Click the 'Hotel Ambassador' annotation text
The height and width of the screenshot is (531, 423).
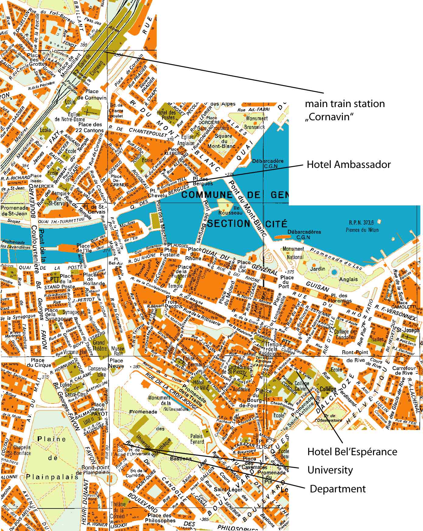coord(348,165)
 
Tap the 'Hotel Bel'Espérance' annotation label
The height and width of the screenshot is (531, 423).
coord(352,451)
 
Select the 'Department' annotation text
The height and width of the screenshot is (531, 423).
coord(337,489)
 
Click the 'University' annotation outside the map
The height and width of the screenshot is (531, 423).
coord(330,470)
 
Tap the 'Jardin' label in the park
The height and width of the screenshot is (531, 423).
coord(317,268)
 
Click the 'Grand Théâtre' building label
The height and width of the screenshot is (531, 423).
coord(99,345)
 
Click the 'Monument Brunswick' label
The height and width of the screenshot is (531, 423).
coord(257,123)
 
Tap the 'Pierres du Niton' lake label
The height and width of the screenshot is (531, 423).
coord(362,230)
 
